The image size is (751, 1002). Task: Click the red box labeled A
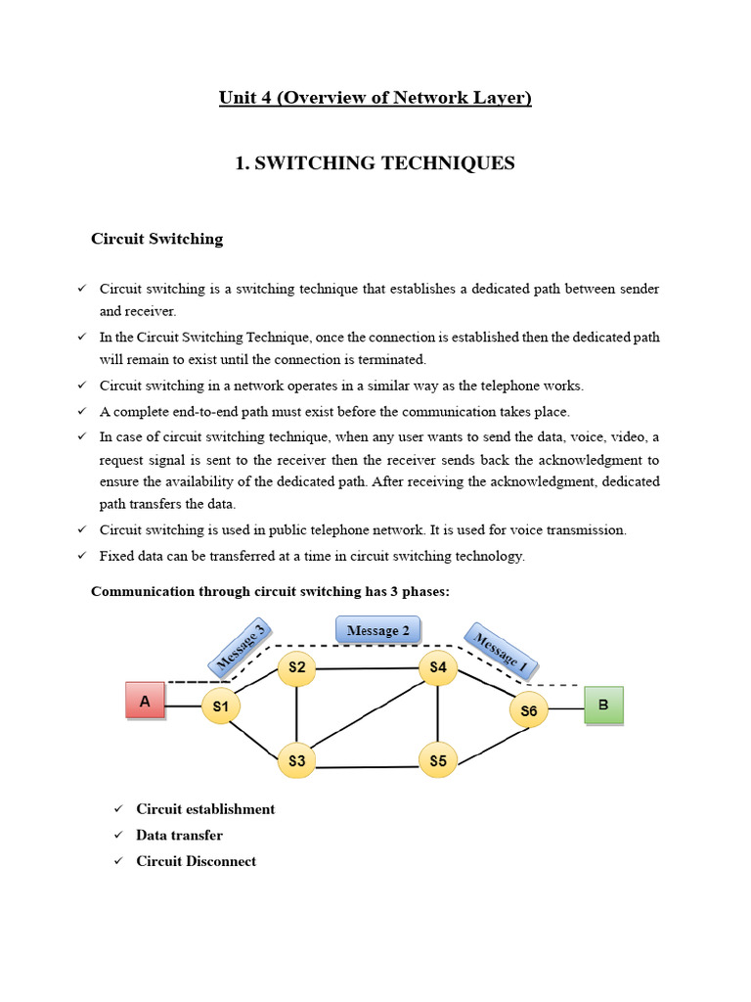tap(145, 701)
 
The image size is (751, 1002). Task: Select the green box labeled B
tap(602, 705)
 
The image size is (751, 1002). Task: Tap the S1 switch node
tap(221, 706)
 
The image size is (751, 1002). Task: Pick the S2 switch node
tap(296, 668)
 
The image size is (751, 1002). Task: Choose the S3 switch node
tap(296, 760)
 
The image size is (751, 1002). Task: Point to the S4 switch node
tap(437, 668)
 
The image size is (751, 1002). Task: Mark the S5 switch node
tap(437, 760)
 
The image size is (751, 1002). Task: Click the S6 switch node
tap(529, 710)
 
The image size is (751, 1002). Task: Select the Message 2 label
tap(377, 630)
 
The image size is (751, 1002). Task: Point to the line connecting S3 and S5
tap(367, 764)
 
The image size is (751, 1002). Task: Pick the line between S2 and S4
tap(367, 669)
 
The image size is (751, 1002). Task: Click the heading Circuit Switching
tap(156, 239)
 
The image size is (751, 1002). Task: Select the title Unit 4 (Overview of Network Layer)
tap(375, 98)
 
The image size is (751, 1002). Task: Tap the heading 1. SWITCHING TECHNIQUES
tap(375, 163)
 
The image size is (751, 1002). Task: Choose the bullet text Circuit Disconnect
tap(196, 861)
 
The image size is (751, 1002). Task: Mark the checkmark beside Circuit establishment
tap(118, 809)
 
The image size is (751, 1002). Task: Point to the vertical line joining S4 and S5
tap(437, 714)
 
